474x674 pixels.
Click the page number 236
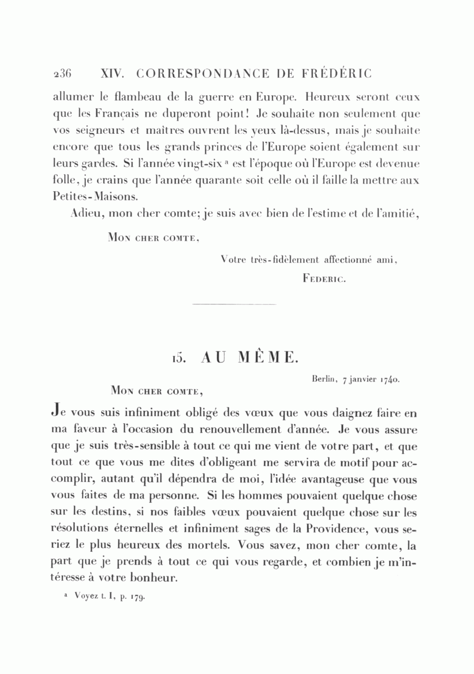[x=63, y=74]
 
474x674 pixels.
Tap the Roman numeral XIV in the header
[x=111, y=74]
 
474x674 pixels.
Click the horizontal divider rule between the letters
[x=234, y=304]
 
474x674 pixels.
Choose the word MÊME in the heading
[x=268, y=358]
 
